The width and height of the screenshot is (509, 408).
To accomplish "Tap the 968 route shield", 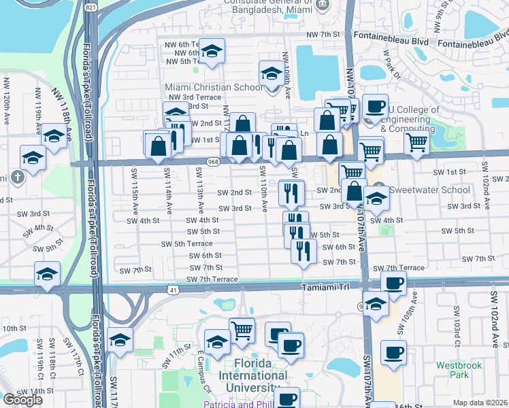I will (x=214, y=162).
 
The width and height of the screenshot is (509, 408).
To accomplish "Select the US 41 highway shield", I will (x=174, y=290).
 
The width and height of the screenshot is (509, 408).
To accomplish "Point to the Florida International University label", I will (x=252, y=381).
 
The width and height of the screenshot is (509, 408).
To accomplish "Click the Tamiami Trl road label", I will (x=329, y=288).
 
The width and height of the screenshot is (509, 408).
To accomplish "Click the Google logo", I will (x=22, y=399).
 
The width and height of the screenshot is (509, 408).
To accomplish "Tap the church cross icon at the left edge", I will (x=18, y=177).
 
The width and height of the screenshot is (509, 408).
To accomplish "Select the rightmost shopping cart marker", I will (x=416, y=143).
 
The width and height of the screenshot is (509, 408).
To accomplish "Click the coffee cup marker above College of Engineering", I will (x=375, y=106).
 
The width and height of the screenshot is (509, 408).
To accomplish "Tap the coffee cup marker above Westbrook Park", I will (x=393, y=352).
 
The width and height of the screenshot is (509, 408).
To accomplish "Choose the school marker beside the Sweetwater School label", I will (x=376, y=199).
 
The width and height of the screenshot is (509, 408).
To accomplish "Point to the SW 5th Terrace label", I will (x=187, y=243).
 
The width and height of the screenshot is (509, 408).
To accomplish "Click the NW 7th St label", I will (x=323, y=34).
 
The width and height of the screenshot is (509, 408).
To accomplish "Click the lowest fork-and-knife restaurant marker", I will (x=303, y=251).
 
